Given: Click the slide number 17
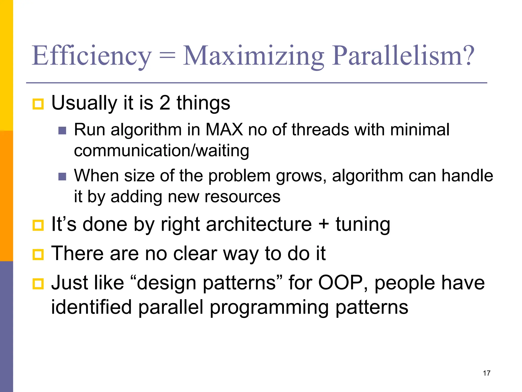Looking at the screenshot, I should (486, 373).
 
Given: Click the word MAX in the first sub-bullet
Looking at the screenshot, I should (224, 130).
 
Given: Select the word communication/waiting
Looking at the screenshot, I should (161, 151).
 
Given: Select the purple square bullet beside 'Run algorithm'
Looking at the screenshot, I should (62, 131).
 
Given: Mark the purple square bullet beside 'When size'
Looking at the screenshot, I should (62, 177).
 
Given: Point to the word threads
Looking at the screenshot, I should (320, 130).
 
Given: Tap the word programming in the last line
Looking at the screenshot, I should (269, 308).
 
